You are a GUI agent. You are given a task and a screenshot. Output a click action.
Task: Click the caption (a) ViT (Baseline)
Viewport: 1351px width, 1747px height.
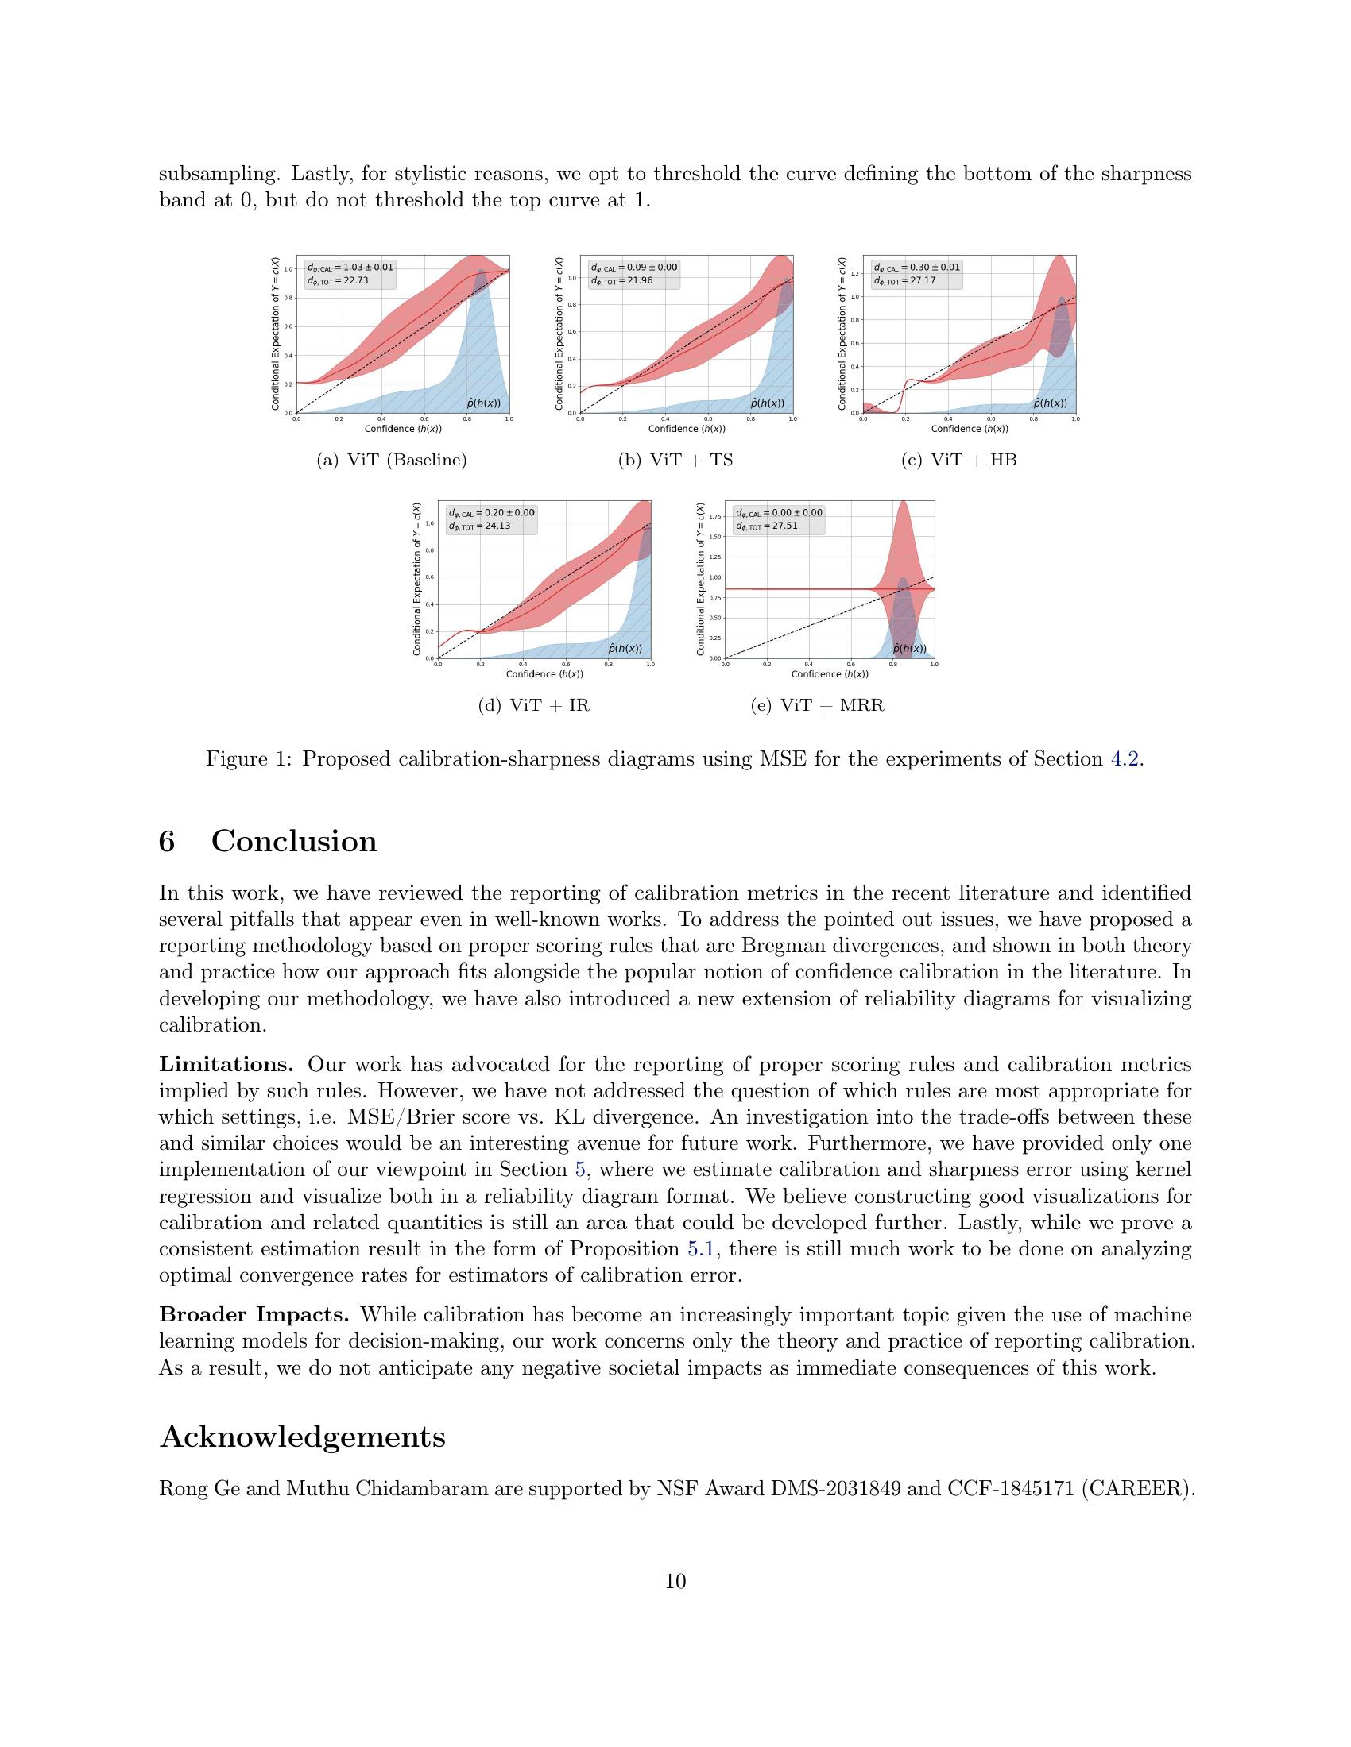(x=391, y=460)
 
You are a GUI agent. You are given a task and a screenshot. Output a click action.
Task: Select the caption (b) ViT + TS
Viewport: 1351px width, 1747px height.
(x=675, y=460)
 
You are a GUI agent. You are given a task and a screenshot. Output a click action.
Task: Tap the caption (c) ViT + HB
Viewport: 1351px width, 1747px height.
(x=958, y=460)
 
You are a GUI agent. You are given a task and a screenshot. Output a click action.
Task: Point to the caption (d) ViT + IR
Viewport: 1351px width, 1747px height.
(x=533, y=705)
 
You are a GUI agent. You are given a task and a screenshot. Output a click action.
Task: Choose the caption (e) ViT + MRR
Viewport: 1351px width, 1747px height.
(x=816, y=705)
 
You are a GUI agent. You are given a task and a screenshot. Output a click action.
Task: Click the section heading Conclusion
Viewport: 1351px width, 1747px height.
(x=294, y=842)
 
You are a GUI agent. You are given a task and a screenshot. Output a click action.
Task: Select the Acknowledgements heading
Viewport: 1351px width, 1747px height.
(x=303, y=1437)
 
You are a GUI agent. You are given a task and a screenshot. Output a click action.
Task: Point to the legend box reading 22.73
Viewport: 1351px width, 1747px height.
(x=349, y=274)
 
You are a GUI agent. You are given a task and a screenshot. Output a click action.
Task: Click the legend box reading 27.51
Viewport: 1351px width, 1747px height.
(x=778, y=519)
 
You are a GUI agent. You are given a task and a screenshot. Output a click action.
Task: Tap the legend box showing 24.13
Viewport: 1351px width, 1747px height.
(x=490, y=519)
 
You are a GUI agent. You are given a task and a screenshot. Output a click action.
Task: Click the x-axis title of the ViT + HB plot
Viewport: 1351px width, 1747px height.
(x=970, y=429)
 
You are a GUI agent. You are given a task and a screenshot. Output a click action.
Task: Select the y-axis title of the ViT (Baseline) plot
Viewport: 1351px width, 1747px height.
(x=276, y=334)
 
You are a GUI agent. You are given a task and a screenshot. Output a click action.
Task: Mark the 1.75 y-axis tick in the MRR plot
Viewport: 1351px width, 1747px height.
(x=711, y=517)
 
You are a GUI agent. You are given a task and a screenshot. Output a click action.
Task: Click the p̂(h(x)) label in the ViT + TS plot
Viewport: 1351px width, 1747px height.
(x=767, y=404)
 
